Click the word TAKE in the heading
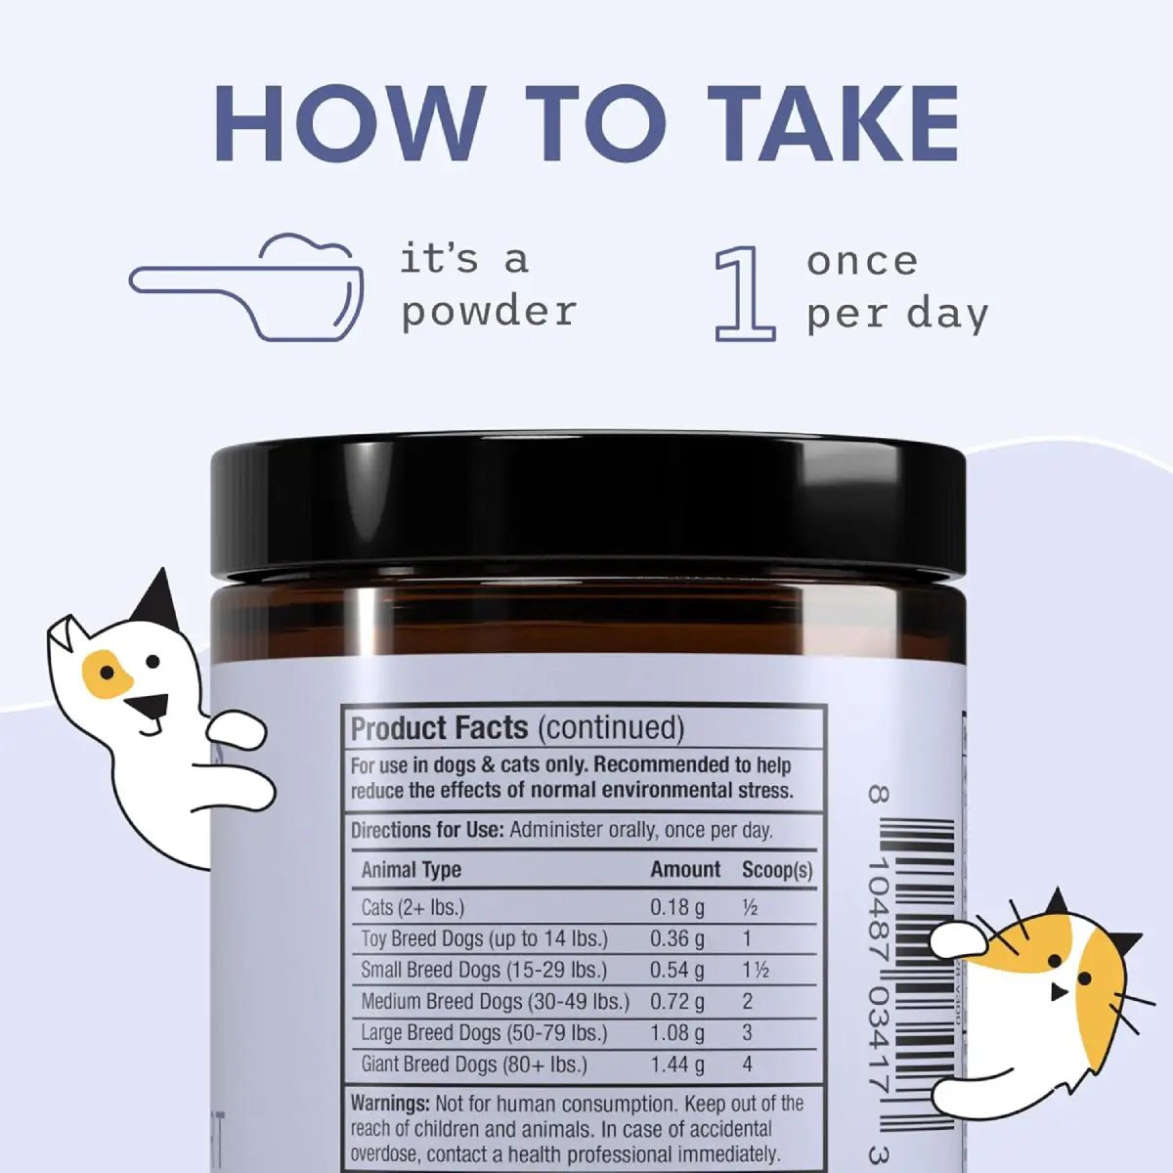[x=833, y=124]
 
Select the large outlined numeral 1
[x=745, y=294]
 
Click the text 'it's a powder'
[x=488, y=285]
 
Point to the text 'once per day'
[x=896, y=287]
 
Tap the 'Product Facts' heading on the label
[x=439, y=728]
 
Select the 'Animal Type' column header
[x=411, y=870]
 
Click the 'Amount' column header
[x=685, y=870]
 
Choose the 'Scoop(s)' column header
[x=777, y=870]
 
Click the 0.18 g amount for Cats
[x=677, y=907]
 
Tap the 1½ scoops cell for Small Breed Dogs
[x=755, y=971]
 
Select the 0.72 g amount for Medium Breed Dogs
[x=677, y=1002]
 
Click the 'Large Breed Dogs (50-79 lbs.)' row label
[x=484, y=1033]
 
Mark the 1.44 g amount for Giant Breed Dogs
[x=677, y=1064]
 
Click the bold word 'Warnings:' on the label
[x=390, y=1104]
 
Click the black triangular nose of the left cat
[x=148, y=705]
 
